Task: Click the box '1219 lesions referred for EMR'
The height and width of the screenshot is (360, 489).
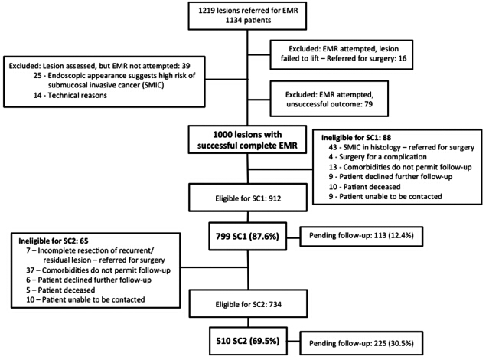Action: pos(247,16)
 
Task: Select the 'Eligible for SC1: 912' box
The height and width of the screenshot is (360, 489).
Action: pos(248,198)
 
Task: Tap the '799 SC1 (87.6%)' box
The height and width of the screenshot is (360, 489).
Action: pos(248,237)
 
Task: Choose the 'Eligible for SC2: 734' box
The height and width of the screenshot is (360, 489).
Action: pos(248,304)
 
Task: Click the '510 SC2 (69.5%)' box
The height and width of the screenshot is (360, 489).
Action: pos(248,341)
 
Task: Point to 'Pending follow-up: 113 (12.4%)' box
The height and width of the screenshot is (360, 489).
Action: pos(361,237)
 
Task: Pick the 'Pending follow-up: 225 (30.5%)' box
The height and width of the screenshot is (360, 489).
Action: pos(361,343)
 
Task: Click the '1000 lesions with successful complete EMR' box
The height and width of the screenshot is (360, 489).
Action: pos(247,139)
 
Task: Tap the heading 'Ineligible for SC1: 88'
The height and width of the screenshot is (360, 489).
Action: pos(356,138)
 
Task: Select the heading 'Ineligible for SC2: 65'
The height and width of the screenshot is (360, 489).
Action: pos(54,241)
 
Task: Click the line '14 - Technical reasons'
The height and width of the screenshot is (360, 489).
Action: pos(70,95)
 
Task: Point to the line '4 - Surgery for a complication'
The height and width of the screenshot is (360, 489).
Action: pos(377,157)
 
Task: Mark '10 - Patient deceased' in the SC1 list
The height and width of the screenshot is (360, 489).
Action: pos(364,187)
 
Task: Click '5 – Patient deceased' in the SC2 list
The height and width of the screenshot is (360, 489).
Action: pos(60,290)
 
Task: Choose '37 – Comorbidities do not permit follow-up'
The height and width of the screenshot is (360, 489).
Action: pos(98,270)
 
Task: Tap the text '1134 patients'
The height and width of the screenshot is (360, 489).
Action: pos(248,20)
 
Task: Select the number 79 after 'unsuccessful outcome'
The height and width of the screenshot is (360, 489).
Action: pos(368,104)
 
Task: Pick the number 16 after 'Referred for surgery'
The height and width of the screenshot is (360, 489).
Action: pos(403,58)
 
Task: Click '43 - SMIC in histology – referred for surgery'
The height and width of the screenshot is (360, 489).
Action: pos(401,147)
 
